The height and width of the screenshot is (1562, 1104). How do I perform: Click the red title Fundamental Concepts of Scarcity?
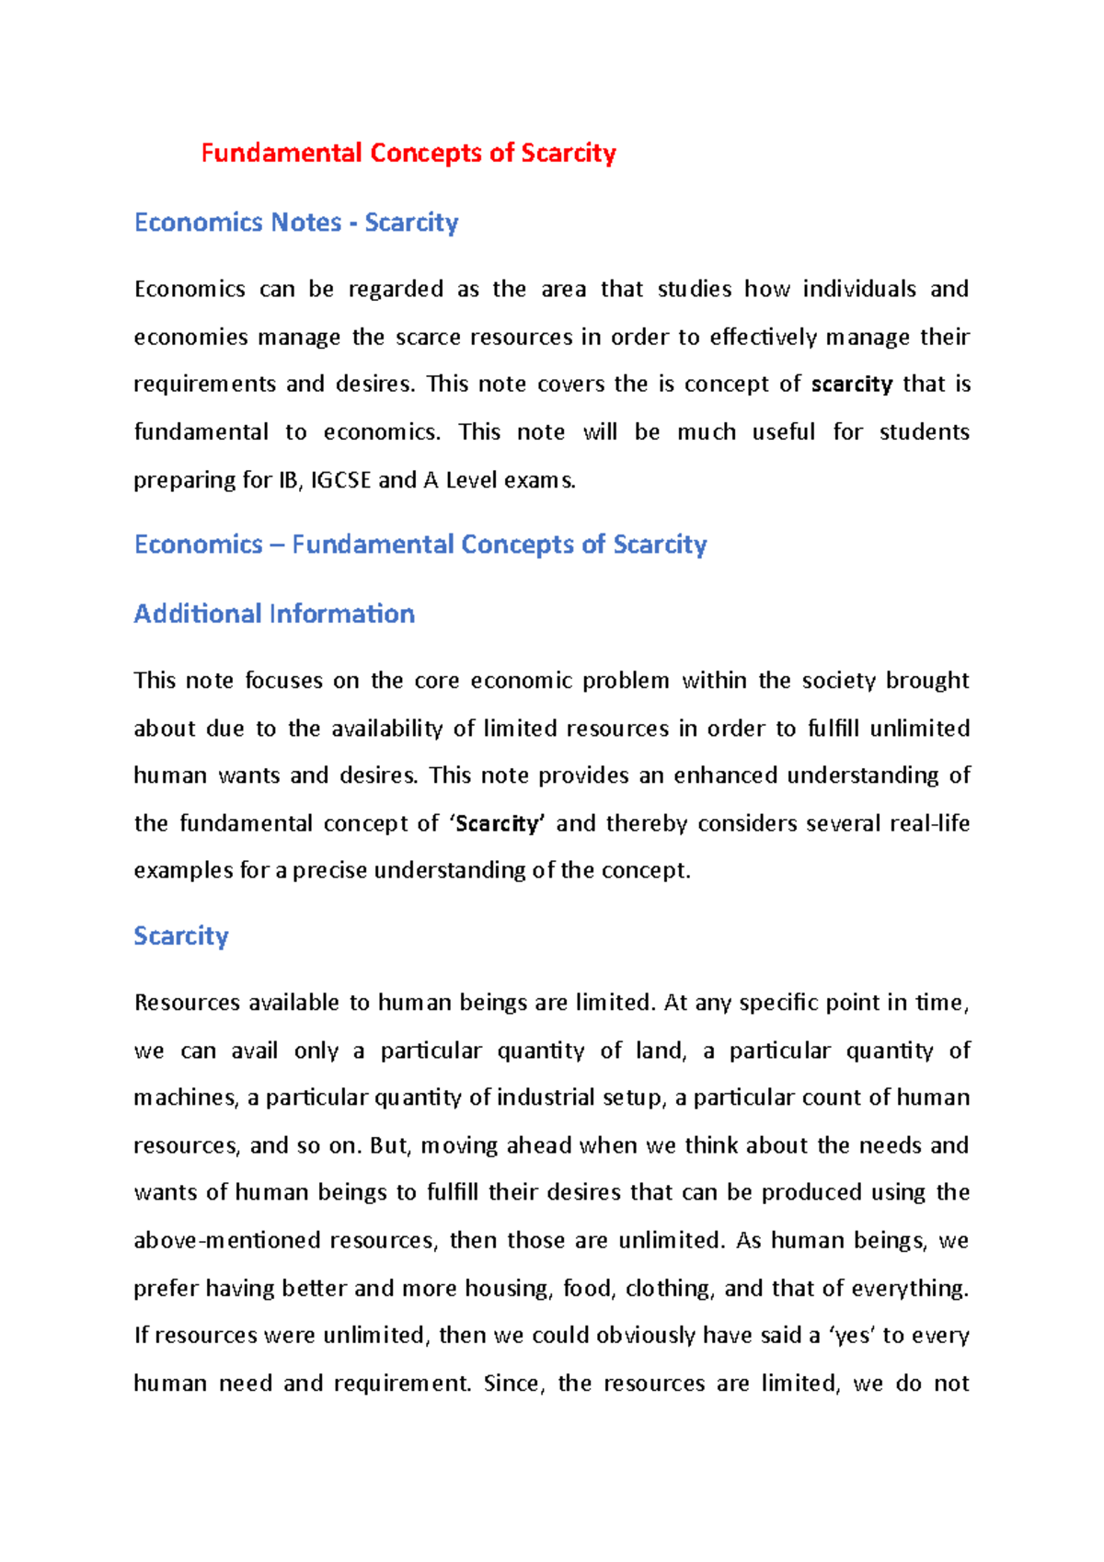point(408,153)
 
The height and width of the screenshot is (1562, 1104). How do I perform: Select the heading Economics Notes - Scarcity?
point(296,223)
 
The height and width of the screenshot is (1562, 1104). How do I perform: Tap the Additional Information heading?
point(274,614)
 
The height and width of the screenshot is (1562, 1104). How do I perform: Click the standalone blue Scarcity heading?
point(181,936)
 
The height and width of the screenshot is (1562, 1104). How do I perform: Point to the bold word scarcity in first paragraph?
point(852,385)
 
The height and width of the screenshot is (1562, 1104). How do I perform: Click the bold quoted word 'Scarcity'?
point(498,823)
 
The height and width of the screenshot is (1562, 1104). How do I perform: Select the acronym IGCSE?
point(340,480)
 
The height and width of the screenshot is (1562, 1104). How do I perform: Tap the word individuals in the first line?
point(859,290)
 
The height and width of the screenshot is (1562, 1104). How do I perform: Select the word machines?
point(186,1098)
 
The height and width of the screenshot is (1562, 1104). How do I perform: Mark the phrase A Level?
point(460,480)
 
